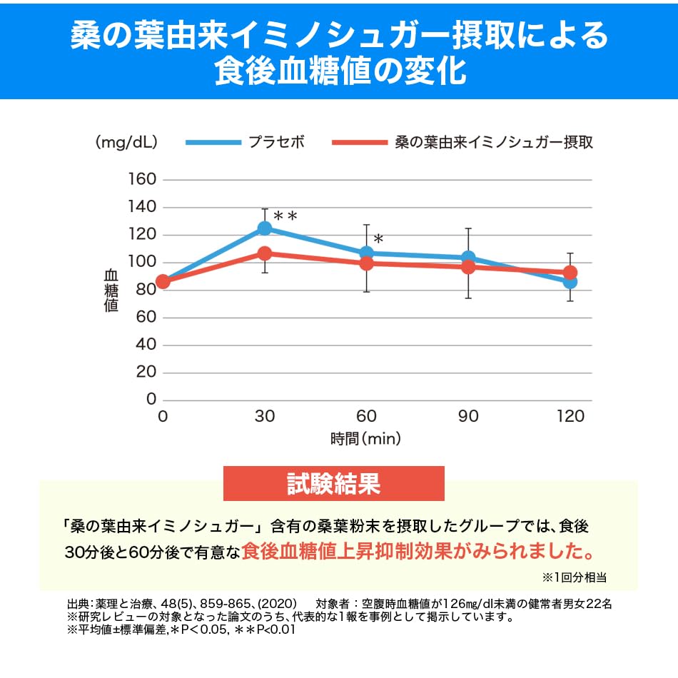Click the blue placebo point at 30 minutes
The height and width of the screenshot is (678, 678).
click(265, 228)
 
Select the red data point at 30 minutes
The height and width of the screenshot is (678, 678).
click(265, 253)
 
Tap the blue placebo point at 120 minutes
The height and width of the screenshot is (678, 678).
click(570, 282)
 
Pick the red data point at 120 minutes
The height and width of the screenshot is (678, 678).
click(570, 273)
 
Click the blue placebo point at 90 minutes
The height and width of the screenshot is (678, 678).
click(468, 258)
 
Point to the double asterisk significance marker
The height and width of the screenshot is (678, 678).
click(285, 216)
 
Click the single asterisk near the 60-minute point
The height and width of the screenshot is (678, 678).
click(378, 239)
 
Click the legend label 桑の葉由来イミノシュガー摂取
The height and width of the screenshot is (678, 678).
click(494, 141)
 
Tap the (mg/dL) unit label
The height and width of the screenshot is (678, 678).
click(126, 142)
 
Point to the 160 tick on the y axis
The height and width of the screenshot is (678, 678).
click(141, 179)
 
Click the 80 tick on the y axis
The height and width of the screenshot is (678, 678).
click(146, 290)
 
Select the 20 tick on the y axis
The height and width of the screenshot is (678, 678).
click(146, 373)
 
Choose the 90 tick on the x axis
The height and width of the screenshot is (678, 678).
click(468, 417)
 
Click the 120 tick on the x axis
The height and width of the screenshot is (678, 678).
click(570, 417)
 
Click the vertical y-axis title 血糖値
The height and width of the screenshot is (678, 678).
click(111, 289)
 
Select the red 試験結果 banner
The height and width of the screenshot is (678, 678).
click(333, 483)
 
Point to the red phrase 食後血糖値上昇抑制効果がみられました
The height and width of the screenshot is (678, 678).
click(419, 552)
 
